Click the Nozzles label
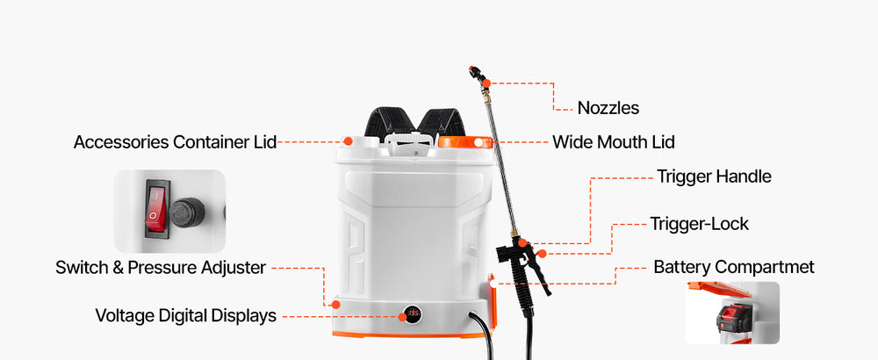[608, 108]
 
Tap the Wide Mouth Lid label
[613, 142]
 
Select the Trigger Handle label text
[714, 176]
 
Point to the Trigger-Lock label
[700, 224]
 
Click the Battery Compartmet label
[734, 267]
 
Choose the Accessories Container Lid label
[175, 142]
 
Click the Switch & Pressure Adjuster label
[161, 268]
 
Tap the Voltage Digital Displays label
[186, 316]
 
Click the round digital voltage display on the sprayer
[413, 313]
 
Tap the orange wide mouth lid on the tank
[465, 142]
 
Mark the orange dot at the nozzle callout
[486, 83]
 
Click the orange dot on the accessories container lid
[348, 141]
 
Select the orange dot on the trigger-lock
[542, 254]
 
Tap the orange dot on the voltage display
[402, 317]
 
